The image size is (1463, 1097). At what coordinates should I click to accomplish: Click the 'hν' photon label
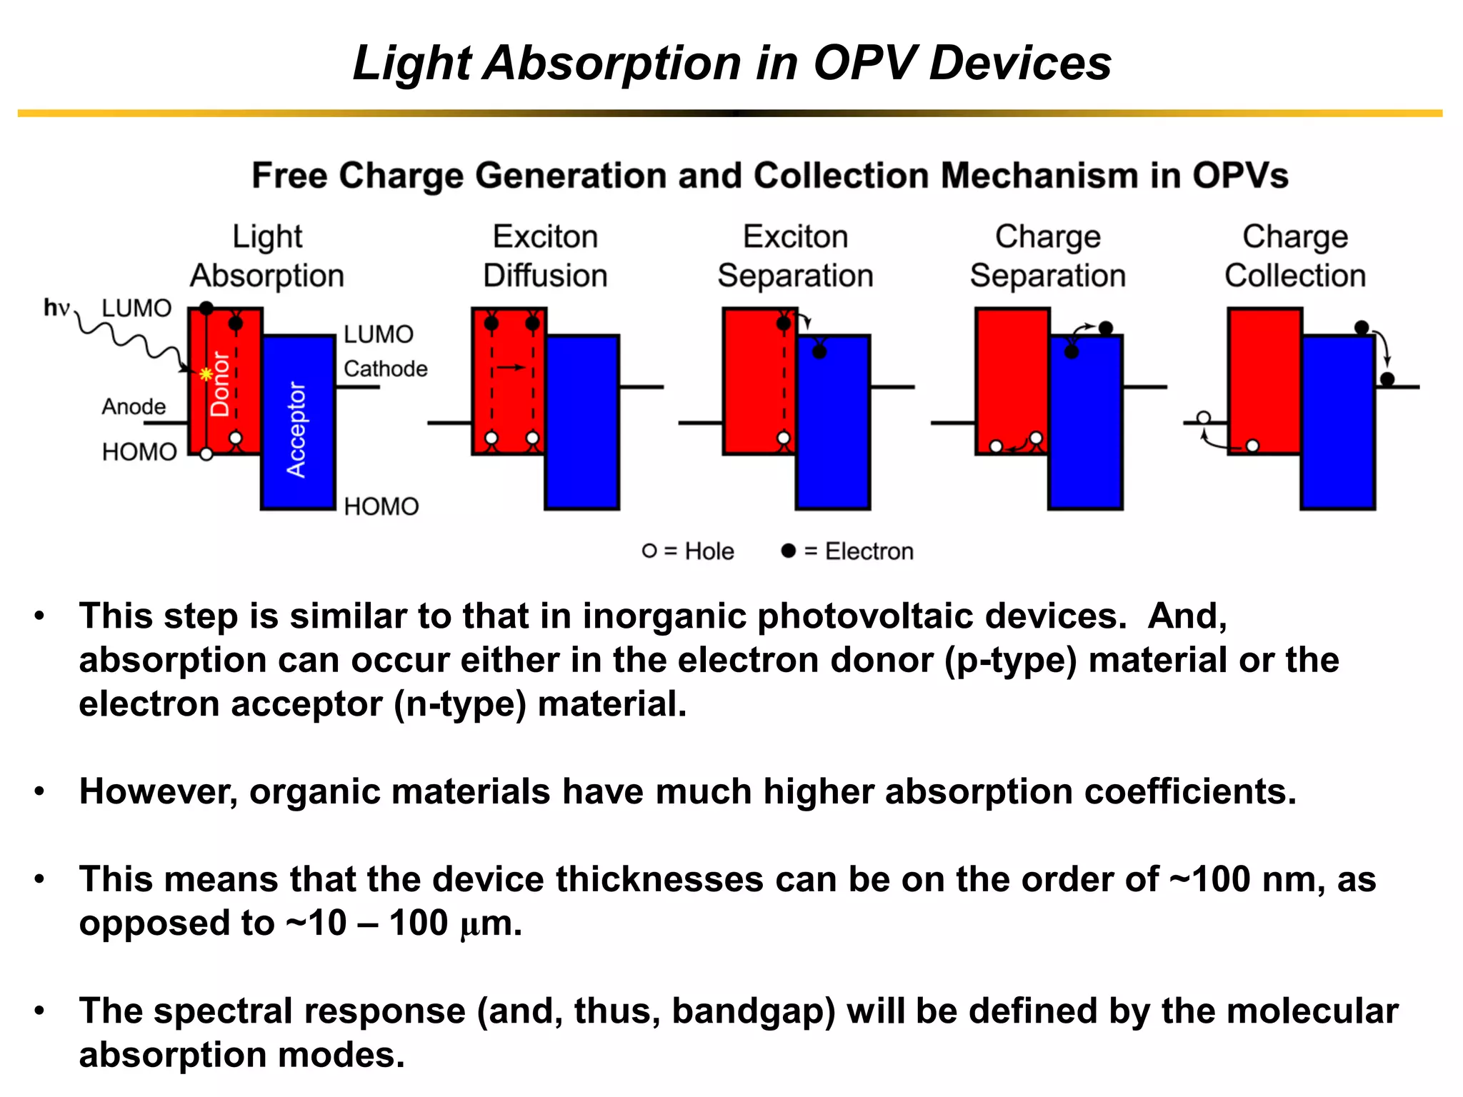pyautogui.click(x=56, y=308)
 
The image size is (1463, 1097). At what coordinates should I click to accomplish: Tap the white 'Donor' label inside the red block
pyautogui.click(x=219, y=384)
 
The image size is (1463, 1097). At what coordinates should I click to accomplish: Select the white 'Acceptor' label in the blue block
pyautogui.click(x=296, y=429)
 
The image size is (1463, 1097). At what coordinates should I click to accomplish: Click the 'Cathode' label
pyautogui.click(x=385, y=369)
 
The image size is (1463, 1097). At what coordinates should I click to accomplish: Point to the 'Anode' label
pyautogui.click(x=134, y=406)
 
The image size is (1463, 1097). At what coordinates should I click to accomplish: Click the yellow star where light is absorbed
pyautogui.click(x=206, y=374)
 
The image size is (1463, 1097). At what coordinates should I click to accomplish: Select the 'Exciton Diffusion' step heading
pyautogui.click(x=545, y=256)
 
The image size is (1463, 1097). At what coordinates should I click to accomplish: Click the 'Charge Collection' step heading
pyautogui.click(x=1294, y=256)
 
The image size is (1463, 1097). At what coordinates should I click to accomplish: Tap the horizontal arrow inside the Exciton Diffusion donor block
pyautogui.click(x=511, y=367)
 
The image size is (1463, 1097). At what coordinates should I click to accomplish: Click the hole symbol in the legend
pyautogui.click(x=649, y=551)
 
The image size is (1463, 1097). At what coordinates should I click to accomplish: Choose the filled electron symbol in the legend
pyautogui.click(x=788, y=551)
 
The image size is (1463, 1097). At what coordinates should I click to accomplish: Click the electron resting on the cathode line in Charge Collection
pyautogui.click(x=1387, y=379)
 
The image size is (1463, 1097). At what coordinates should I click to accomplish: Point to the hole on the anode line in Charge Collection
pyautogui.click(x=1204, y=418)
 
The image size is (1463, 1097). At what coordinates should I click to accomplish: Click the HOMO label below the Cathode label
pyautogui.click(x=381, y=506)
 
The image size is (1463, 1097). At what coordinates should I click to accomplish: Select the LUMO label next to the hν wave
pyautogui.click(x=136, y=308)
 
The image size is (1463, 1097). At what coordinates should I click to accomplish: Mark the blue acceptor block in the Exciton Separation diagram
pyautogui.click(x=833, y=429)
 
